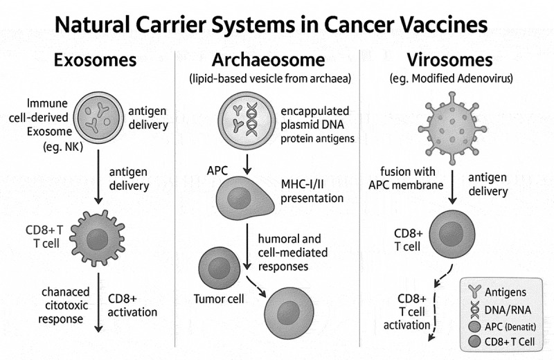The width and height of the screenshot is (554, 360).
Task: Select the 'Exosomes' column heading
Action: [x=96, y=60]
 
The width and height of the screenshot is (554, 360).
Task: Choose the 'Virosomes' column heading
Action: [x=450, y=60]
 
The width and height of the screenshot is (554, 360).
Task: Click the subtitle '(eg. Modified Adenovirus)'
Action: [x=450, y=79]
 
